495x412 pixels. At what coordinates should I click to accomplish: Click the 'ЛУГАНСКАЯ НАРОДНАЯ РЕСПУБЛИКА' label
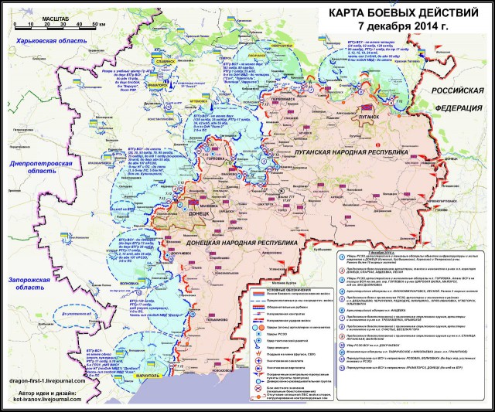(x=349, y=154)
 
